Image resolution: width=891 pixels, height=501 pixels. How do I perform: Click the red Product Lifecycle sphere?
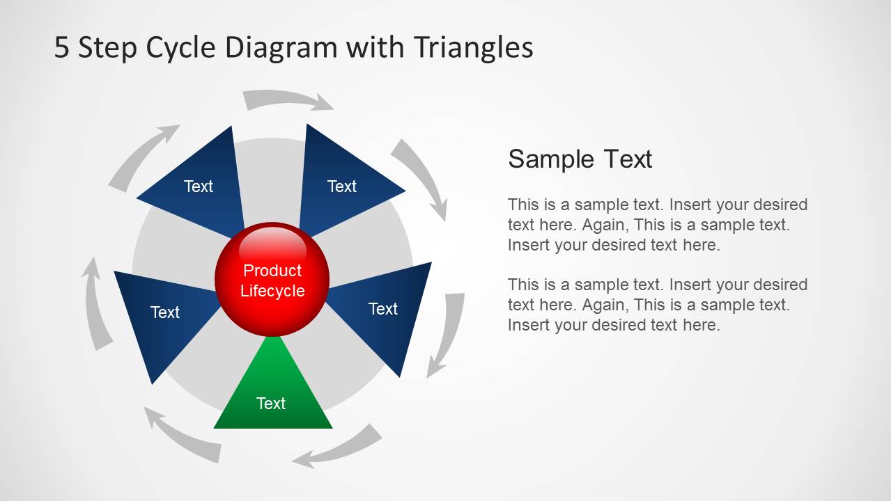click(272, 279)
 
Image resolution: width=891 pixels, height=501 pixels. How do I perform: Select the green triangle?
click(273, 393)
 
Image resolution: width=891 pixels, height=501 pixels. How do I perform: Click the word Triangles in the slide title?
click(473, 48)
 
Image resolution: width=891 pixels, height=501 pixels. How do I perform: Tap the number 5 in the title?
click(61, 48)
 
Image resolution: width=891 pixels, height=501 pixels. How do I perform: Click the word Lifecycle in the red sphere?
click(272, 292)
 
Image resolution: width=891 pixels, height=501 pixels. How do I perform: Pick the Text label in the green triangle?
click(271, 404)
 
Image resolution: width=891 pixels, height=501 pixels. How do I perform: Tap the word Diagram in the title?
click(281, 48)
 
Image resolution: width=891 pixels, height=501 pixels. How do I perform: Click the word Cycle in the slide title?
click(181, 48)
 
